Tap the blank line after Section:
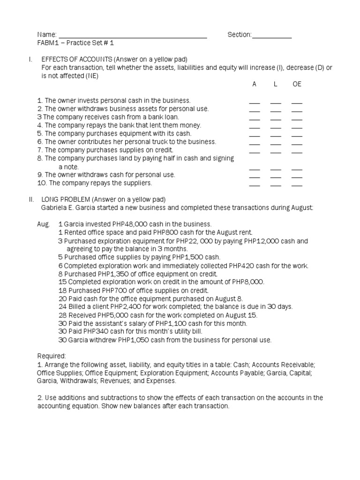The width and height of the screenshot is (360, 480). [272, 37]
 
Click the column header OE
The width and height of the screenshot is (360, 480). [297, 84]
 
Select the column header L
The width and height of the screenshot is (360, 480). [276, 84]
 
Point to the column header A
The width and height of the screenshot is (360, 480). [255, 84]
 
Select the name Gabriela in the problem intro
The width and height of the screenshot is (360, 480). [53, 208]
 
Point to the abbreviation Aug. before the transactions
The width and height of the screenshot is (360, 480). [44, 224]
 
